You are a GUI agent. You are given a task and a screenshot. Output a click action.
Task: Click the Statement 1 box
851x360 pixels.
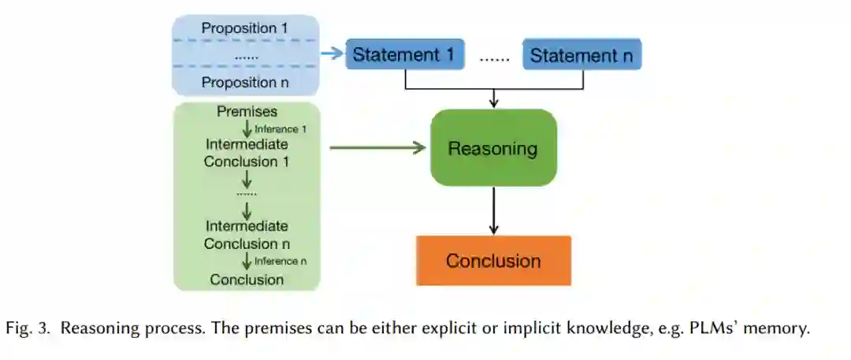404,55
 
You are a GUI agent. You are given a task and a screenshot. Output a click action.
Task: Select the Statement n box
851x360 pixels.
582,55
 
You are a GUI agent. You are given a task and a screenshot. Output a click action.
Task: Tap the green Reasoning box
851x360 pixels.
493,148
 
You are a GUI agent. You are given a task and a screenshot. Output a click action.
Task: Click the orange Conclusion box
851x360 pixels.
493,261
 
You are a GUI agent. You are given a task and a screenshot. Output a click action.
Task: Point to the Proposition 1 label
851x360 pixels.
246,28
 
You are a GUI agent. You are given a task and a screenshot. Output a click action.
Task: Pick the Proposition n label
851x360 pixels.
246,82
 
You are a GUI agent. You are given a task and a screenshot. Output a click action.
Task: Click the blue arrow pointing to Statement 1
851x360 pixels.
333,54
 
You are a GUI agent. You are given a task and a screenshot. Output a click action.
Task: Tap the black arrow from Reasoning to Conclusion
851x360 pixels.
493,211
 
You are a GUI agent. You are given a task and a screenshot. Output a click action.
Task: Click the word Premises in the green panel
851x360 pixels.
247,113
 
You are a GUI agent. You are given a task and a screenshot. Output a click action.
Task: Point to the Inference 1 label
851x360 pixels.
281,128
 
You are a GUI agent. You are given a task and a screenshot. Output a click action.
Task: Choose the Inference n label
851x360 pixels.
281,261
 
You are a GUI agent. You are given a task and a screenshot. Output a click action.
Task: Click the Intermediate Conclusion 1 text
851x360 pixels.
247,153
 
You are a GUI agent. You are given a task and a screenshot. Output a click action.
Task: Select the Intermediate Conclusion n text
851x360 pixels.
247,235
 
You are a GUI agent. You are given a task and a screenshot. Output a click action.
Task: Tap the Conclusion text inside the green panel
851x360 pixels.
247,279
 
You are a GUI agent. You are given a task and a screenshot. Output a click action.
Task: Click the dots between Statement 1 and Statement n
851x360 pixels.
494,57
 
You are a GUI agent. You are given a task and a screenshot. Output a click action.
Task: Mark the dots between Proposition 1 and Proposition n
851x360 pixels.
246,56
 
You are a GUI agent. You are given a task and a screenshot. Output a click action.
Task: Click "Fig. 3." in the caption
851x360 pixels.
28,328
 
